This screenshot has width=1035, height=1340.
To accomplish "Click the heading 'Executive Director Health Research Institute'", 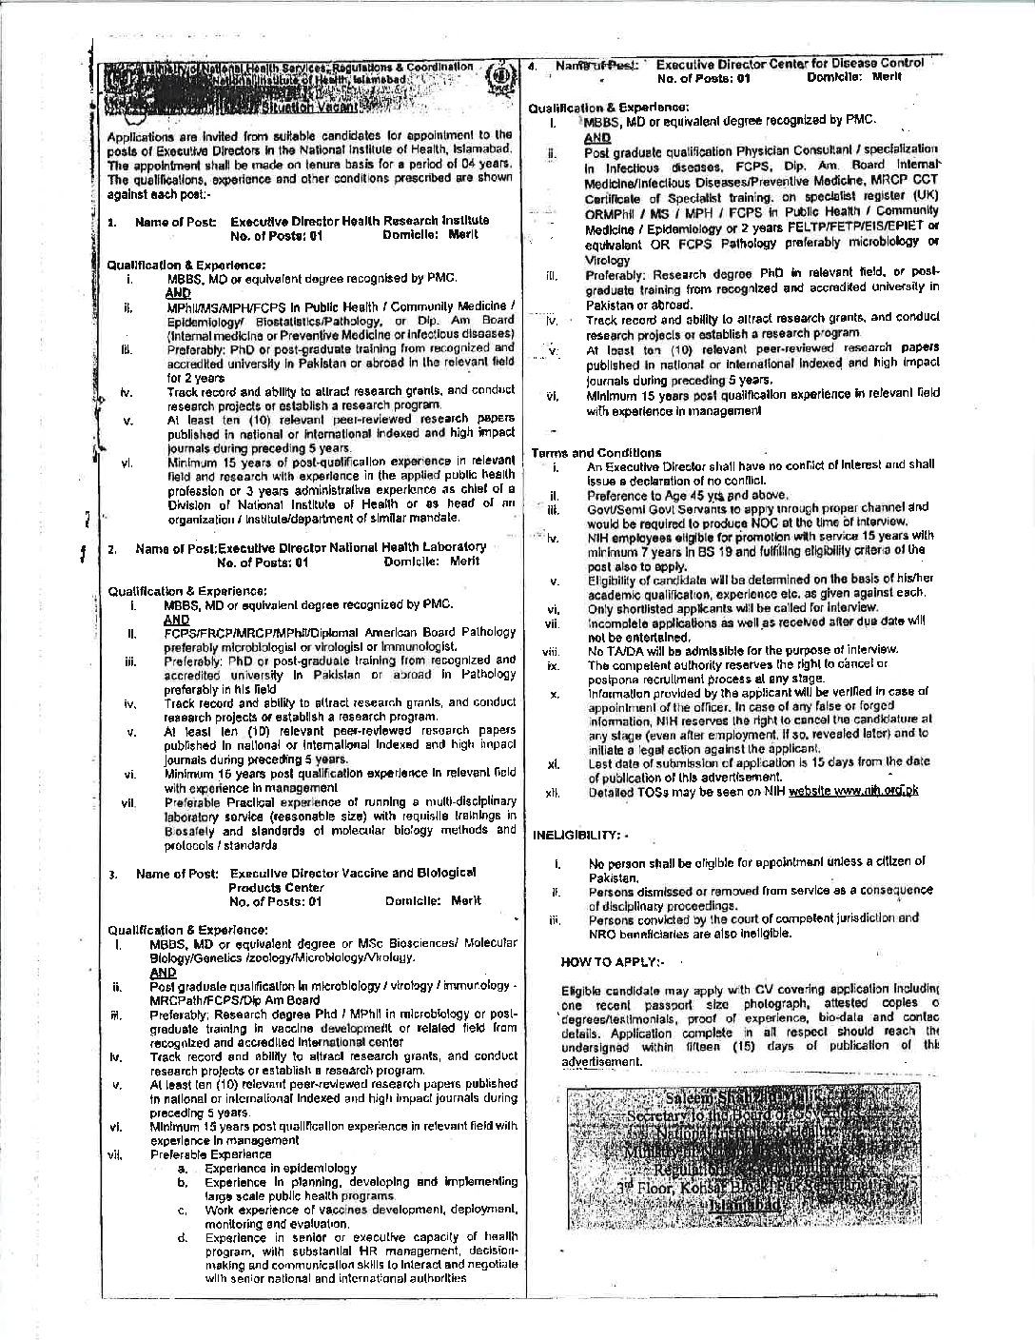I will click(360, 221).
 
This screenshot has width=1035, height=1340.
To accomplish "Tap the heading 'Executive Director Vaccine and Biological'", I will click(354, 873).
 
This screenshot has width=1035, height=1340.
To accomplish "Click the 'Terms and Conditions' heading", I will click(596, 453).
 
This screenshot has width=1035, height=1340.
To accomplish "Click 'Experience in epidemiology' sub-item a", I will click(280, 1168).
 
